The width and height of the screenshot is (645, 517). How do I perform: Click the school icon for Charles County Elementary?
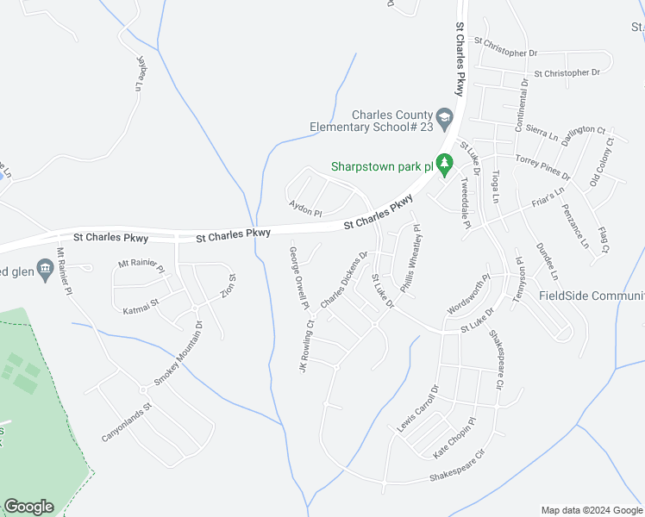click(444, 117)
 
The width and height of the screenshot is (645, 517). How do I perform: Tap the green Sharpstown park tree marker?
click(444, 163)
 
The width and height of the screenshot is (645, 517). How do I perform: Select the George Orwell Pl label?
click(298, 277)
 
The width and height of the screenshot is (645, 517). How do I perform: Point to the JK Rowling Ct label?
click(305, 346)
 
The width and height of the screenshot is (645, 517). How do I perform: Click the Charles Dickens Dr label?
click(344, 279)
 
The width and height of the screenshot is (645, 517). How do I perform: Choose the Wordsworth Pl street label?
click(468, 295)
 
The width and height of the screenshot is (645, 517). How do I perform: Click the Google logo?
click(28, 507)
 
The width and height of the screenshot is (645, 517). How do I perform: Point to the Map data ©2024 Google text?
click(591, 510)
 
